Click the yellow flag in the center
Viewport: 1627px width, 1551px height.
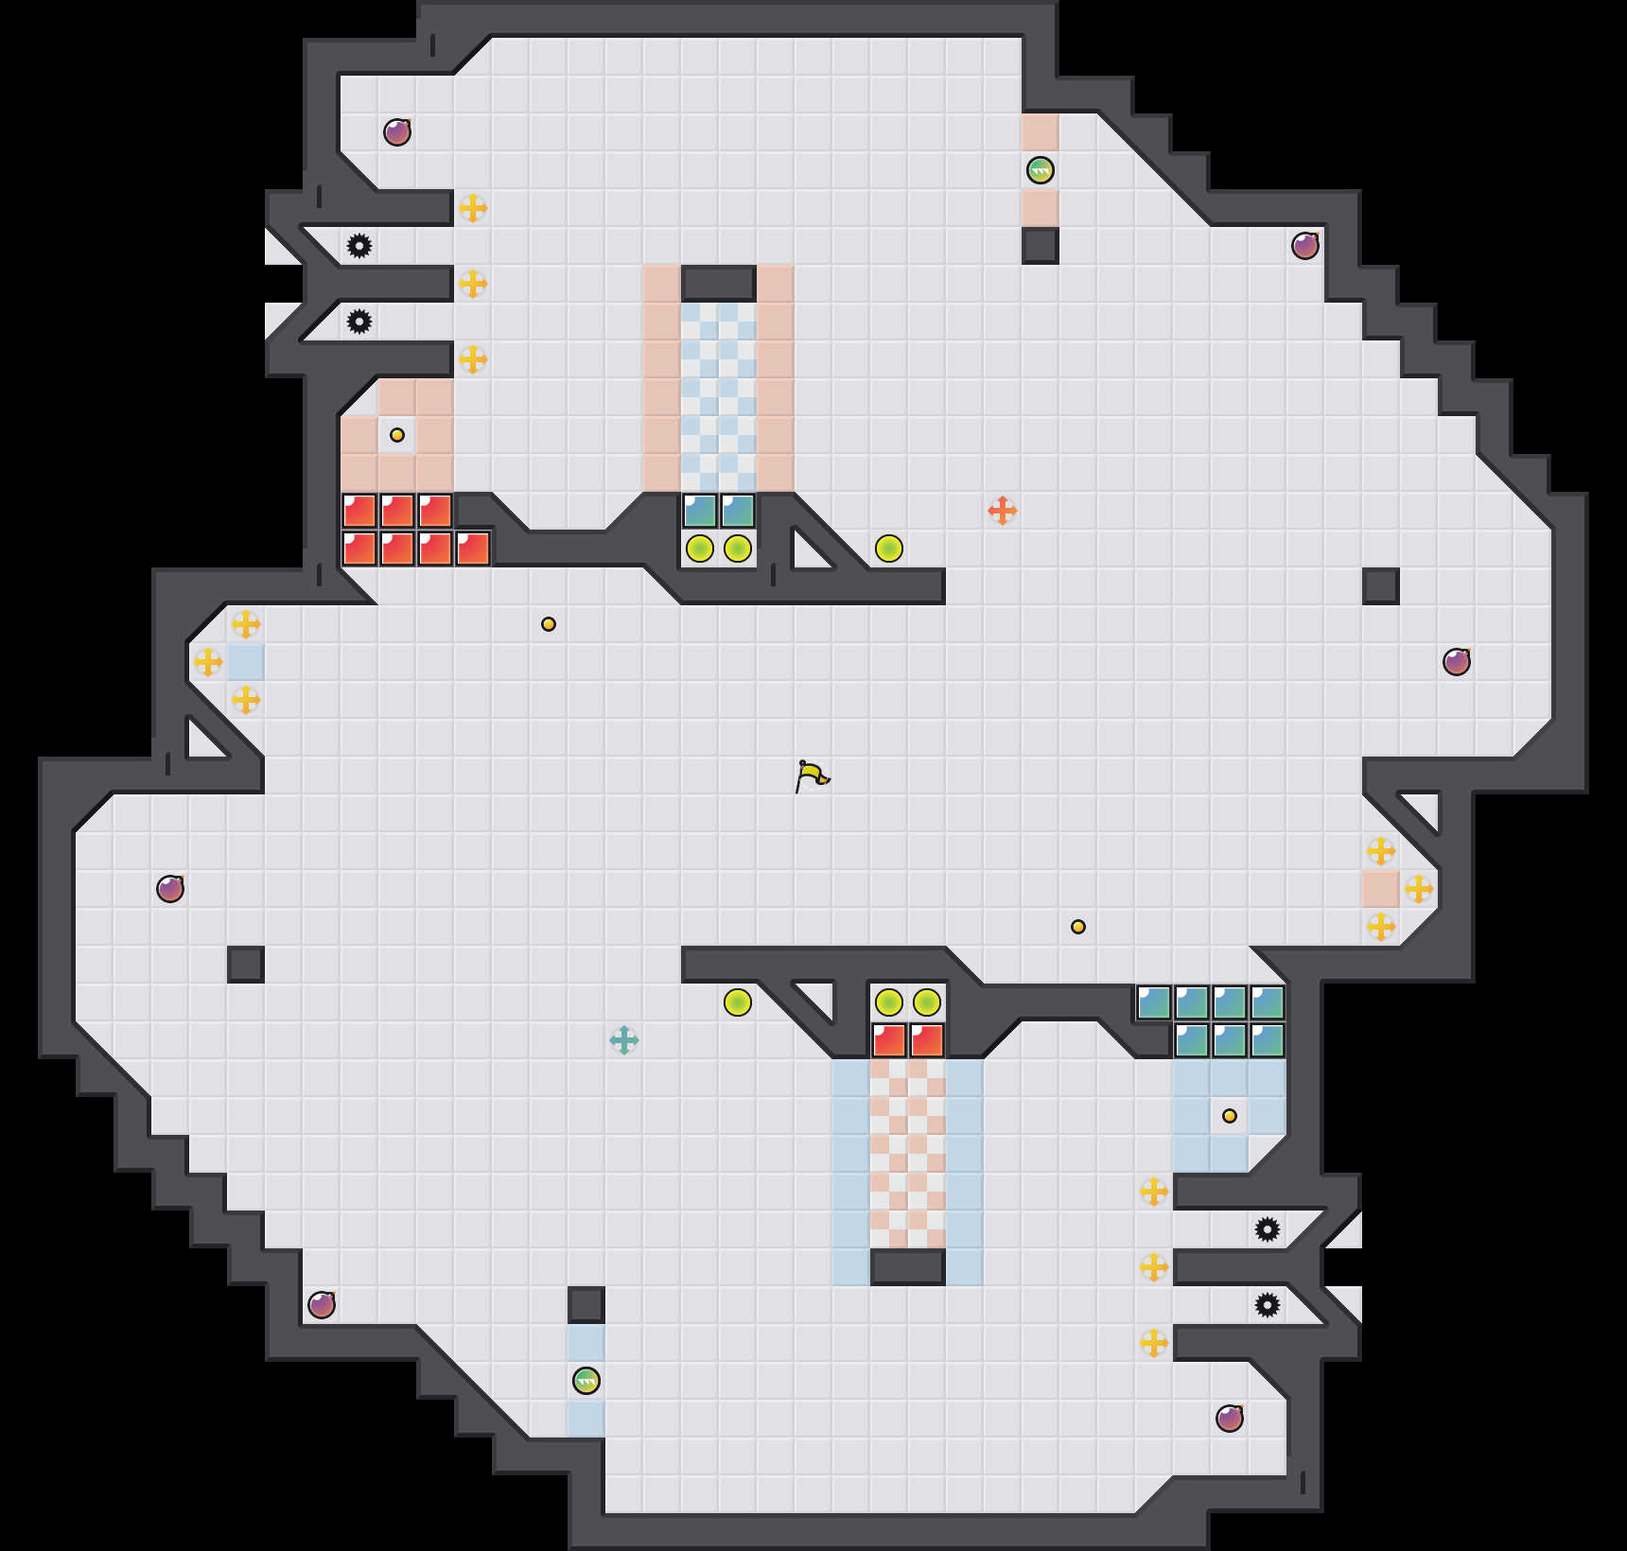click(812, 776)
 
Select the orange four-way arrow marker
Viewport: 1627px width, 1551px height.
click(1003, 511)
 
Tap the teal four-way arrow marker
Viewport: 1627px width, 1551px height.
click(624, 1040)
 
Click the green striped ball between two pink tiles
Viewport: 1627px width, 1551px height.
click(1041, 170)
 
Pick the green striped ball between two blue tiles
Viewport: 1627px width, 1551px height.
click(586, 1381)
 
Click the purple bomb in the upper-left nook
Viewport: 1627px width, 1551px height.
click(397, 132)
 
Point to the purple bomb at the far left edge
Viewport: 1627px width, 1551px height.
click(170, 889)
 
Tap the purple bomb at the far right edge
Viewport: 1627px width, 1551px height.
click(1457, 662)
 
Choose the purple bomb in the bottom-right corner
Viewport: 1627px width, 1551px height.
click(1230, 1419)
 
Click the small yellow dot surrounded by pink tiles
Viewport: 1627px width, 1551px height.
click(397, 435)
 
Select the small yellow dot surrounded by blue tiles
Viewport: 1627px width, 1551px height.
click(1230, 1116)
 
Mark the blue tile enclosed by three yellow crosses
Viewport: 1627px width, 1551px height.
click(246, 662)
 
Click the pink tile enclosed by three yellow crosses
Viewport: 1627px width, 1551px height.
click(1381, 889)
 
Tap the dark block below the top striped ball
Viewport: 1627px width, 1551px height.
click(1041, 246)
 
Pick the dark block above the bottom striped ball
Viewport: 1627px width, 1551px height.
click(586, 1305)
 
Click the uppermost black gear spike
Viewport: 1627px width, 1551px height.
click(359, 246)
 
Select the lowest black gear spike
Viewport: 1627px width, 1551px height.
click(1268, 1305)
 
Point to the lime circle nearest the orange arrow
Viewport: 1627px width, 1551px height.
click(889, 549)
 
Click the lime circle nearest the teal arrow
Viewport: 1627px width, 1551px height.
click(738, 1002)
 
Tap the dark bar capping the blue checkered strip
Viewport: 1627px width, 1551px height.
click(719, 283)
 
